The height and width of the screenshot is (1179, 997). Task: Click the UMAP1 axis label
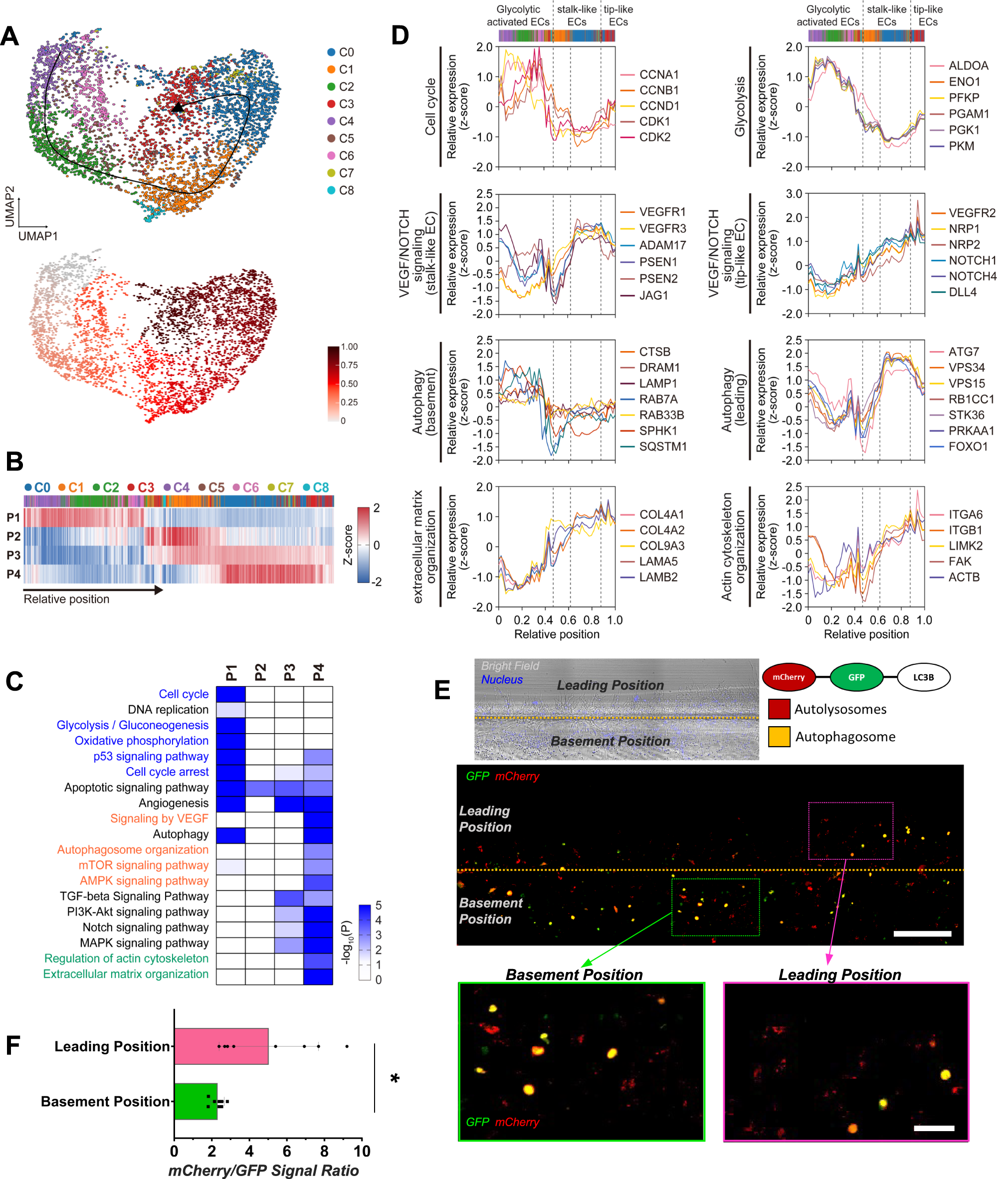pos(38,236)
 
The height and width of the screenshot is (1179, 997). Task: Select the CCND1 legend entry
pos(658,106)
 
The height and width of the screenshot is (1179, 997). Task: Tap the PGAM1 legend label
pos(968,114)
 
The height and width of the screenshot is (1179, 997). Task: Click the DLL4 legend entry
pos(962,292)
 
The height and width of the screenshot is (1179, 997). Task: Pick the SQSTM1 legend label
pos(662,446)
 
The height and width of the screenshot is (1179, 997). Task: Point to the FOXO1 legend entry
pos(968,446)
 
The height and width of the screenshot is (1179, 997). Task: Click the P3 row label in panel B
pos(13,555)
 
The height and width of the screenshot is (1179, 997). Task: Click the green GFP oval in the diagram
pos(856,677)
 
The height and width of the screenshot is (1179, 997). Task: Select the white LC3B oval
pos(923,677)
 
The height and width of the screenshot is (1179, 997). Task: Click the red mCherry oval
pos(789,677)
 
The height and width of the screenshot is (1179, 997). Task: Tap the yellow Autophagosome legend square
pos(779,737)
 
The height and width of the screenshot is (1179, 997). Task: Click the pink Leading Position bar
pos(221,1046)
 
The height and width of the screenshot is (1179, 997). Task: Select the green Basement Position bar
pos(196,1101)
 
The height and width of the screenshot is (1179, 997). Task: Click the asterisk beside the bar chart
pos(395,1079)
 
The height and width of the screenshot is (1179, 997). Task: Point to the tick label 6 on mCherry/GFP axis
pos(287,1151)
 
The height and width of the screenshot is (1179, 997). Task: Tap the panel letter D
pos(399,35)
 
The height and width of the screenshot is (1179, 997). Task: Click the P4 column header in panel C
pos(318,673)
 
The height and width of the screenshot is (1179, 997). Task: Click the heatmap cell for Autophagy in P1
pos(230,834)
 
